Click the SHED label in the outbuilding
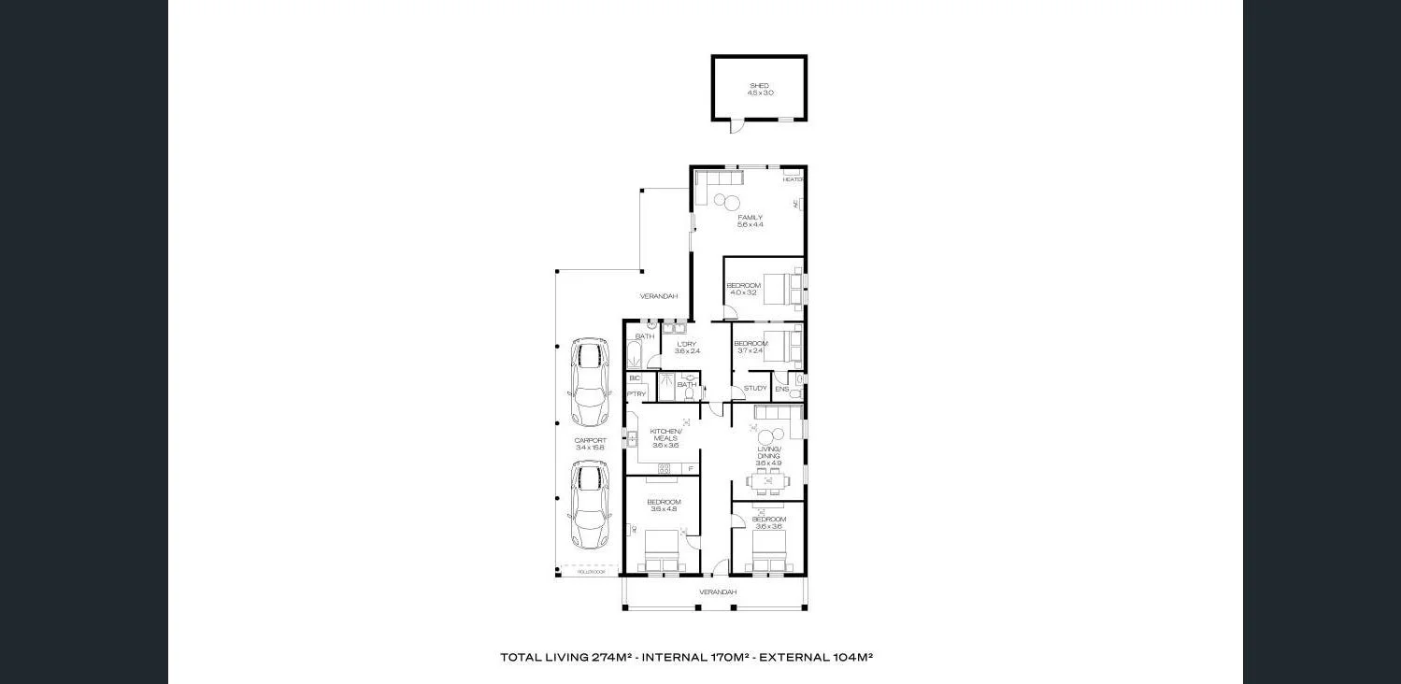[759, 85]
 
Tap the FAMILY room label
[750, 218]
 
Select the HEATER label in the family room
[793, 179]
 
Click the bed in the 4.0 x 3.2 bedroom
[782, 289]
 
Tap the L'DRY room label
[687, 344]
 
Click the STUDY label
[755, 388]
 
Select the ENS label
[781, 389]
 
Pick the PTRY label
[636, 394]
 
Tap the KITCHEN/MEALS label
[666, 435]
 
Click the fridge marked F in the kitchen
[690, 468]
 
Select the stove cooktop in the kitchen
[665, 468]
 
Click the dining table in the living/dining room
[767, 481]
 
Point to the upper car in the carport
[590, 382]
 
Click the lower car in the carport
[590, 505]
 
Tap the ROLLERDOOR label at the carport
[592, 572]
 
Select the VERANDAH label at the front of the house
[718, 592]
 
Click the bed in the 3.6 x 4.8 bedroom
[662, 549]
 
